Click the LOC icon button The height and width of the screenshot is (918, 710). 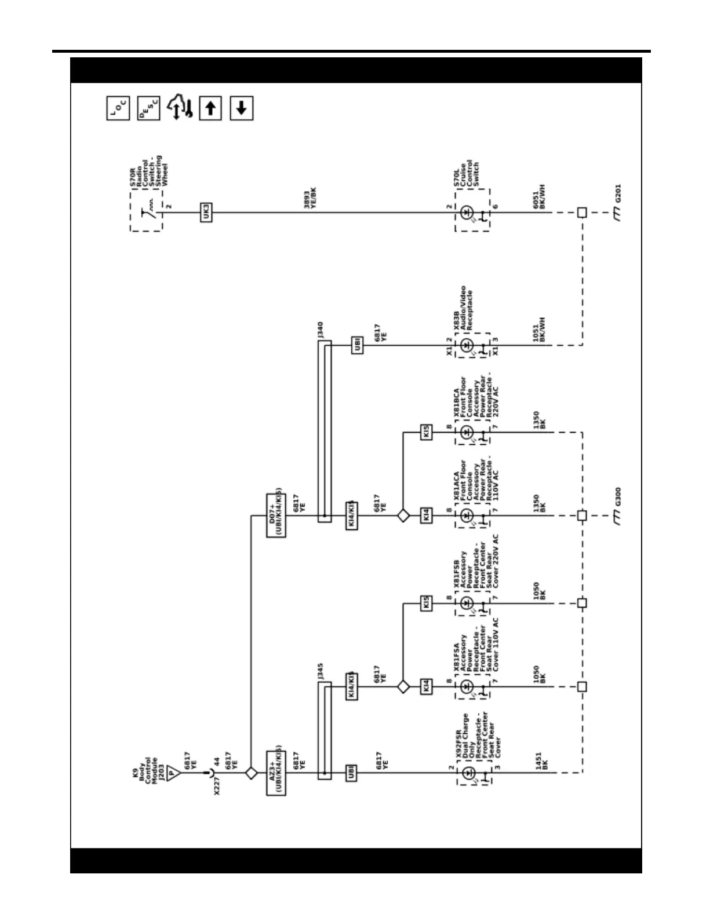click(x=118, y=108)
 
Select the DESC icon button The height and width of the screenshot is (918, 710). click(x=149, y=108)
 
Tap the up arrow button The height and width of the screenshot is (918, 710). click(x=210, y=108)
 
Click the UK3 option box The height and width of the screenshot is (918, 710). click(x=206, y=212)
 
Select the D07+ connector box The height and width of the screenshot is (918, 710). click(x=276, y=515)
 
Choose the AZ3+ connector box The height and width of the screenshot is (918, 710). click(x=276, y=772)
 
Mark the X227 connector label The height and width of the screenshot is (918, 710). click(x=217, y=785)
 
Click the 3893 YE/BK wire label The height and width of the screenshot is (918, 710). click(x=311, y=198)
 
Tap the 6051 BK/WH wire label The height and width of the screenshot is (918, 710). click(x=539, y=197)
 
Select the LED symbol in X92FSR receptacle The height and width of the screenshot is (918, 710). click(x=469, y=772)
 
